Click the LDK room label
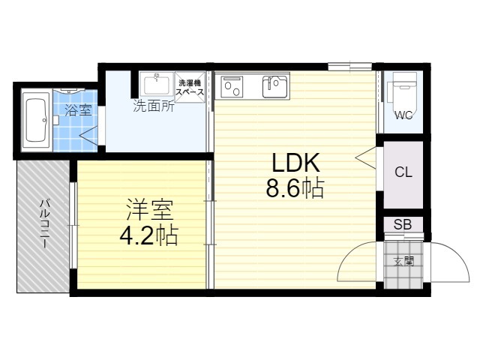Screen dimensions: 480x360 click(296, 163)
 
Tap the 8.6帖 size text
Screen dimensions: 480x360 click(295, 188)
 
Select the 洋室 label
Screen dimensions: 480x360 click(150, 210)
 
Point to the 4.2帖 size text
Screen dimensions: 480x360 click(148, 235)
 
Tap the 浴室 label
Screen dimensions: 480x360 click(78, 110)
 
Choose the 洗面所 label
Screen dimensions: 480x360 click(154, 106)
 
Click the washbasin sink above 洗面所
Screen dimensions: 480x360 click(157, 85)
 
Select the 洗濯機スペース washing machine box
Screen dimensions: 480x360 click(190, 87)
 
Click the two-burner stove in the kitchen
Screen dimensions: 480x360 click(232, 87)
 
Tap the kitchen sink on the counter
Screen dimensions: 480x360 click(275, 87)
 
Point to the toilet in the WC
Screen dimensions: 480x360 click(402, 88)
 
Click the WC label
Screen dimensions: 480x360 click(403, 115)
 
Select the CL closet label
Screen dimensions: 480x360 click(403, 172)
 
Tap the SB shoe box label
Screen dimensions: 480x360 click(403, 224)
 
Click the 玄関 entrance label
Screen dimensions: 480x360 click(403, 262)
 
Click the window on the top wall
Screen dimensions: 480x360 click(350, 66)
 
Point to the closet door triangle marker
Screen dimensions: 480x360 click(366, 157)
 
